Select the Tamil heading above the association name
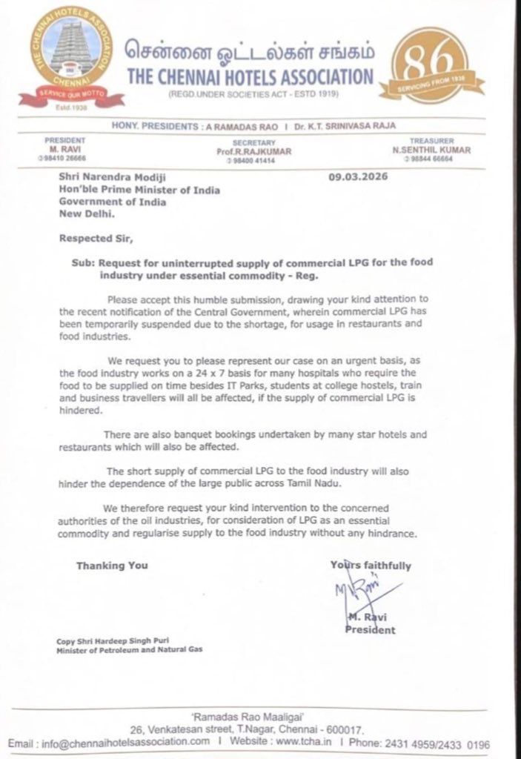click(249, 53)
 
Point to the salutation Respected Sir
click(87, 239)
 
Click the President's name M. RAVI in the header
click(65, 148)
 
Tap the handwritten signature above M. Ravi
click(363, 592)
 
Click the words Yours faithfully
click(371, 565)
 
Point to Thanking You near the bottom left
click(112, 566)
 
